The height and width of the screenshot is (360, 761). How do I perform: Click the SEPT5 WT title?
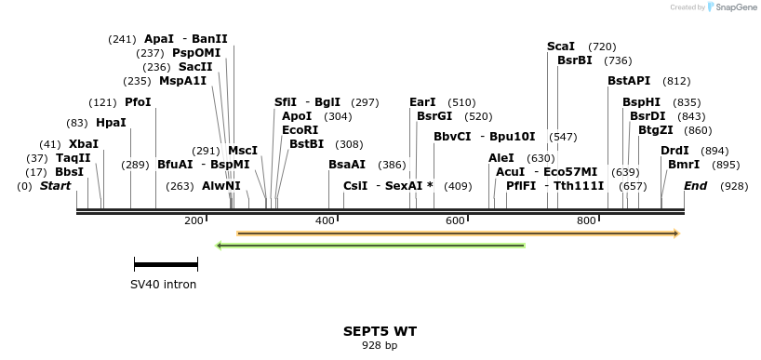tap(380, 331)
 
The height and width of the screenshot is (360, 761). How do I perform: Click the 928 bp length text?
tap(380, 345)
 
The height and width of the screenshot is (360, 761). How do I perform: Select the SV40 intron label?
tap(163, 285)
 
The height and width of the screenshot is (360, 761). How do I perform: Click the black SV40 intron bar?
tap(166, 265)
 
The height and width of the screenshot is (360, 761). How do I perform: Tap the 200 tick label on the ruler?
tap(194, 220)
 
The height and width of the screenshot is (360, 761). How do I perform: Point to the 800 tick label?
tap(586, 220)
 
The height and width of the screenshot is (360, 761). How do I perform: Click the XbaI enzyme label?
tap(83, 144)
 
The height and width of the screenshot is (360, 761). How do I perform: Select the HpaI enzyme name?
tap(111, 123)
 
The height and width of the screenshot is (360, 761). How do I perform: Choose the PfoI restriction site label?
tap(137, 102)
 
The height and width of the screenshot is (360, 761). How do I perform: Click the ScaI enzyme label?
tap(561, 47)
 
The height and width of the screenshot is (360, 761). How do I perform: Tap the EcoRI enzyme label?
tap(300, 130)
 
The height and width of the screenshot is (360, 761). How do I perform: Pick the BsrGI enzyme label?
tap(434, 116)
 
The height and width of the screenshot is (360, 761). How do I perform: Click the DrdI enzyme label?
tap(674, 151)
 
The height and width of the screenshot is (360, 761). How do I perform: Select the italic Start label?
tap(55, 186)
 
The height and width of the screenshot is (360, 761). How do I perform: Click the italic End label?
tap(695, 186)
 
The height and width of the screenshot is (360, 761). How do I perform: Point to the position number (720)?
tap(602, 47)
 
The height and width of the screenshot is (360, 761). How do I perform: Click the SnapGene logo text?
tap(735, 7)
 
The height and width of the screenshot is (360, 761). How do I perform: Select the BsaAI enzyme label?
tap(347, 165)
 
